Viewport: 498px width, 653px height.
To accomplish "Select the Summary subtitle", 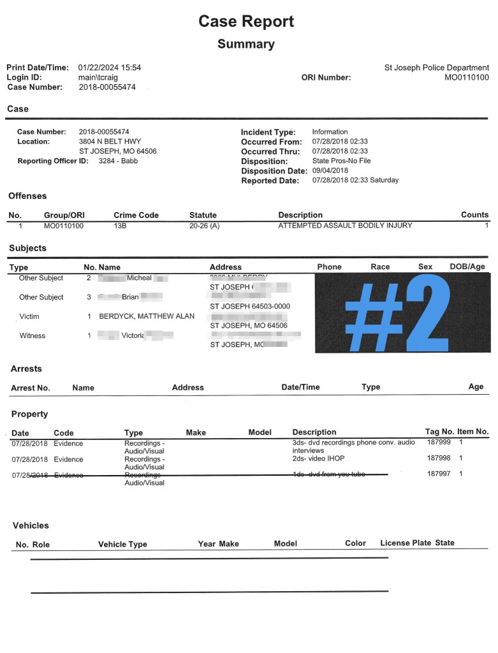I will point(246,44).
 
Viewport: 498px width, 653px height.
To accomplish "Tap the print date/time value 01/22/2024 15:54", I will point(110,68).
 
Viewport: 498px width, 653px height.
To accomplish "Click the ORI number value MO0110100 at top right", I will point(467,78).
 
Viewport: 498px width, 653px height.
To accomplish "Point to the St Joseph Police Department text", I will point(437,68).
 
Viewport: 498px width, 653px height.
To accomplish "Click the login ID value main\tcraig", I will point(98,78).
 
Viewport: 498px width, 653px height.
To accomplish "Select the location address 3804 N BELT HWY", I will point(110,142).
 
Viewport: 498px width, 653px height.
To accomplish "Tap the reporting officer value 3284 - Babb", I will point(118,161).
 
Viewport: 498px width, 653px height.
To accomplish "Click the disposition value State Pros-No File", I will point(341,161).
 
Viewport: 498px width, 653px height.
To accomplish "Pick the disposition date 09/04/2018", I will point(330,171).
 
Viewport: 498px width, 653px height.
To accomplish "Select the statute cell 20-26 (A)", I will point(204,226).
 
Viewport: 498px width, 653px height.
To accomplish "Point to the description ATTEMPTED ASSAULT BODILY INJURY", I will point(345,226).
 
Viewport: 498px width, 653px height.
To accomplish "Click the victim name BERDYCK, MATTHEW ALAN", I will point(147,316).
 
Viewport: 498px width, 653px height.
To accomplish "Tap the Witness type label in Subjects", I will point(33,335).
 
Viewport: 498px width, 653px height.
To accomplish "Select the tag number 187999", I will point(439,442).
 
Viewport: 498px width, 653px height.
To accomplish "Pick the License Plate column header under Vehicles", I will point(406,543).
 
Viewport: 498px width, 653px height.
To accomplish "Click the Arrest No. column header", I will point(31,388).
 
